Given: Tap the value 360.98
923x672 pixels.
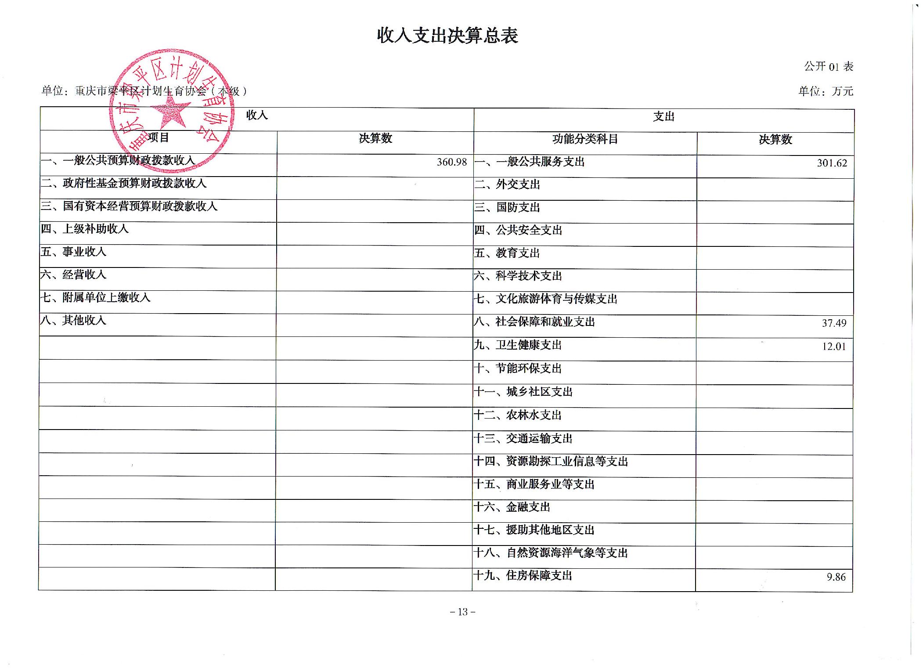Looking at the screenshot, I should (451, 162).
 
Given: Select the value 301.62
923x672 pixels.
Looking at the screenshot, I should (832, 163).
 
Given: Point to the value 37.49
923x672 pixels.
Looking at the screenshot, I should (834, 323).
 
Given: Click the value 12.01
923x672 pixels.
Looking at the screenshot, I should (834, 347).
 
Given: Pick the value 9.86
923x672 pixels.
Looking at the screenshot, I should (836, 577).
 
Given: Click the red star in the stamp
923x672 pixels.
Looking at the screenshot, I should (169, 112).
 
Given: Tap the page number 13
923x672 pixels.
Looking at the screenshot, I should (463, 612).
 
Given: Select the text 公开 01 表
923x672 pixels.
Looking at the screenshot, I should (828, 67).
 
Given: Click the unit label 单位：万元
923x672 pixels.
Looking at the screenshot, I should (826, 91).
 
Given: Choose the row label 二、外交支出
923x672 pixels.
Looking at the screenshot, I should (507, 184).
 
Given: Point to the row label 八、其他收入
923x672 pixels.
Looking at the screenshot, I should (73, 320).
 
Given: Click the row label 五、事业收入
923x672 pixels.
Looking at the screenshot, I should (73, 252).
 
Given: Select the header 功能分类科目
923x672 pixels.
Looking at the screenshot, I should (585, 139).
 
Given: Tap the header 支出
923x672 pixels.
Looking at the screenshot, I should (663, 117).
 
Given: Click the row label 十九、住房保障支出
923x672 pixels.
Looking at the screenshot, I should (523, 575).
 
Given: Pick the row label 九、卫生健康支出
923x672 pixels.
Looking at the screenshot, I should (518, 345).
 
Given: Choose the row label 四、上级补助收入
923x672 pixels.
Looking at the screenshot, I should (84, 229).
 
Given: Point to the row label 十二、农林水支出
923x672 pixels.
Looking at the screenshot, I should (518, 415).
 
